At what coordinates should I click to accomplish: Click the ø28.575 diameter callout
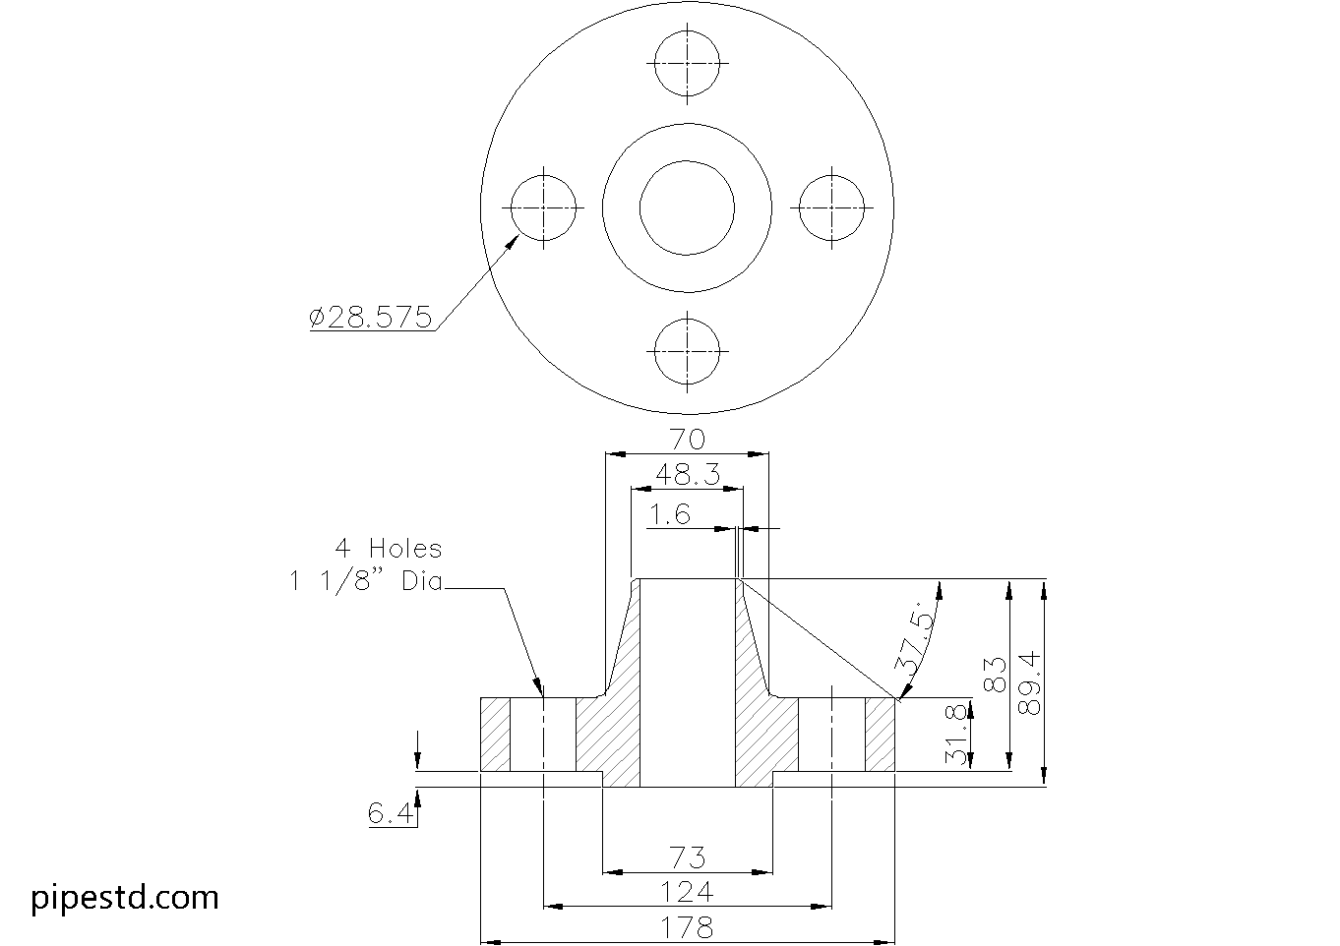click(x=370, y=317)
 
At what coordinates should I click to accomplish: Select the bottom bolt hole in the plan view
click(x=687, y=320)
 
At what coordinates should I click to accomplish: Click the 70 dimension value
click(x=688, y=440)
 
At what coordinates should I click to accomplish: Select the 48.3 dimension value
click(x=688, y=475)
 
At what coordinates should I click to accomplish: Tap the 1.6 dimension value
click(x=669, y=514)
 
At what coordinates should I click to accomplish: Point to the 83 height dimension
click(x=996, y=675)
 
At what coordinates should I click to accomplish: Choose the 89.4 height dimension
click(x=1029, y=683)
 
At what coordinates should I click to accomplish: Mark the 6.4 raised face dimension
click(x=390, y=812)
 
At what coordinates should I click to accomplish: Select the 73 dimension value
click(x=688, y=857)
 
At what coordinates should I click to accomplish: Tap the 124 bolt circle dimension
click(x=687, y=892)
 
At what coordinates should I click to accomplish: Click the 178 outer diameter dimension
click(x=687, y=928)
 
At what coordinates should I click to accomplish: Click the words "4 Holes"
click(x=389, y=549)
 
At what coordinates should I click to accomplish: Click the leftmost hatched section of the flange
click(x=495, y=735)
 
